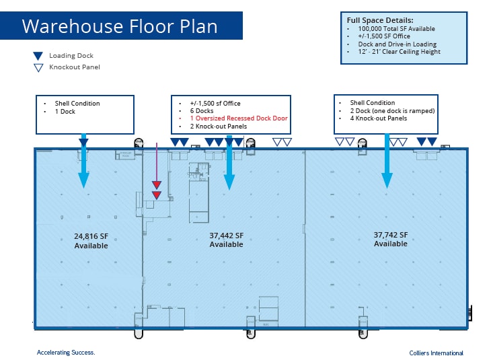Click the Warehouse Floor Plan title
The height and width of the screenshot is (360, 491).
pyautogui.click(x=119, y=26)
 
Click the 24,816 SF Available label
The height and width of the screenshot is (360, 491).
pyautogui.click(x=91, y=241)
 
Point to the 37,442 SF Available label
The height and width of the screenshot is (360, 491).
pyautogui.click(x=226, y=240)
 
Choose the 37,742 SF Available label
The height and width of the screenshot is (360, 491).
pyautogui.click(x=391, y=239)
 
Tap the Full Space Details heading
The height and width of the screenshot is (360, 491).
pyautogui.click(x=380, y=20)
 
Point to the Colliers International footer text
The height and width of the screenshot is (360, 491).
pyautogui.click(x=436, y=353)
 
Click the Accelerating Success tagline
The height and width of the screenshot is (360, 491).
pyautogui.click(x=66, y=353)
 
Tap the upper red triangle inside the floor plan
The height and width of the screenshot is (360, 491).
pyautogui.click(x=156, y=184)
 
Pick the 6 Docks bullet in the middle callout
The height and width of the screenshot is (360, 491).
pyautogui.click(x=202, y=110)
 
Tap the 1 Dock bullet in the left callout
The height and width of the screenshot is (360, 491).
pyautogui.click(x=65, y=112)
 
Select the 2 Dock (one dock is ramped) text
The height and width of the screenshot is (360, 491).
pyautogui.click(x=391, y=111)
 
